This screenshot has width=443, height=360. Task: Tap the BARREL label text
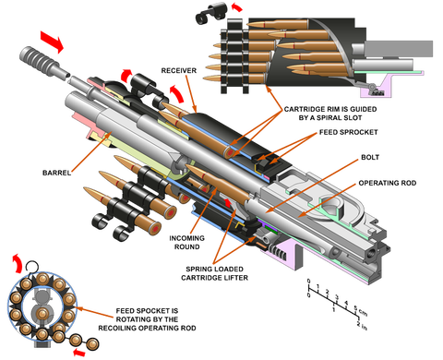click(x=56, y=173)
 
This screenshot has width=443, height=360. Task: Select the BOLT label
click(x=370, y=157)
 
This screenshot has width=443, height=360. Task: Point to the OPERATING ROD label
click(x=388, y=183)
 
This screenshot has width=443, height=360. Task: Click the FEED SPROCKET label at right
click(x=348, y=132)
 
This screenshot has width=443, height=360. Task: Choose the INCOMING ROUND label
click(x=186, y=243)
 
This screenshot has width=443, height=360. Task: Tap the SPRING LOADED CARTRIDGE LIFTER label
click(x=214, y=273)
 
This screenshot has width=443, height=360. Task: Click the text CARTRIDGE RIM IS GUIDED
click(x=330, y=109)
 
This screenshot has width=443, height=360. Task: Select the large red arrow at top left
click(x=52, y=42)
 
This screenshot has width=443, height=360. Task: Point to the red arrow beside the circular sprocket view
click(x=17, y=263)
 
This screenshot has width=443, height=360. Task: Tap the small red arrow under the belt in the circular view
click(x=79, y=353)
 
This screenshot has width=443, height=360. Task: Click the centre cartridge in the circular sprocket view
click(x=42, y=314)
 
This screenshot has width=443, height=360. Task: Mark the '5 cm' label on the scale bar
click(x=360, y=311)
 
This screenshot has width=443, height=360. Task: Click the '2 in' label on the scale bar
click(x=362, y=326)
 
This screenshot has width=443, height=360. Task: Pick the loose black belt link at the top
click(x=211, y=13)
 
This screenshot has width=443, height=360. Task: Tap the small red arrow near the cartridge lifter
click(x=227, y=202)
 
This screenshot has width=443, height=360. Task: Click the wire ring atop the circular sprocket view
click(x=31, y=267)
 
